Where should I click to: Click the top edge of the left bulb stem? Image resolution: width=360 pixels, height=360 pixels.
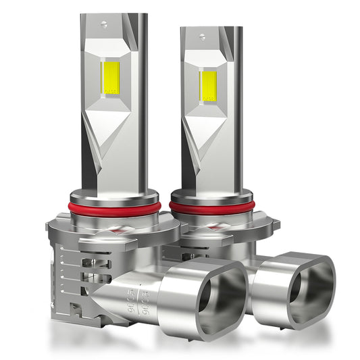pos(111,14)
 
